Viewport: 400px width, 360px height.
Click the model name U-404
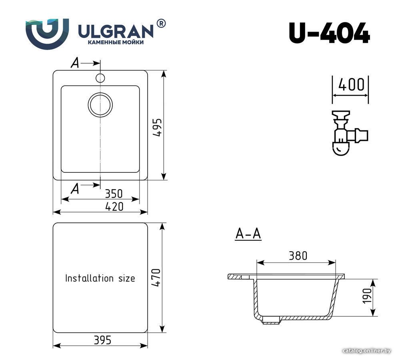[329, 33]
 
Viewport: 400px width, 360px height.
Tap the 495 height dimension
[158, 127]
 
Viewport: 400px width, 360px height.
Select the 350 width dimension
[114, 194]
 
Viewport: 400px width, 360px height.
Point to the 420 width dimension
[114, 206]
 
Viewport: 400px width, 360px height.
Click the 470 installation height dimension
[156, 278]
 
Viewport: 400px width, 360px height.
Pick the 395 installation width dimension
[102, 340]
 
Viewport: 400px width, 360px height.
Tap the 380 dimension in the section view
[298, 255]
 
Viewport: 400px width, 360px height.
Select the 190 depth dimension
[367, 296]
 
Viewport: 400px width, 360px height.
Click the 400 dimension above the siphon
[351, 85]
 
